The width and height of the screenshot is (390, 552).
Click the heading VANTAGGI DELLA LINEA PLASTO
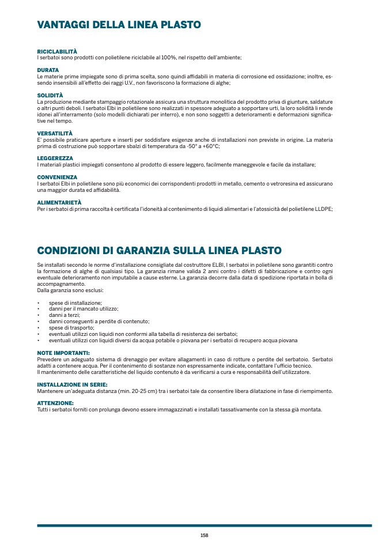119,25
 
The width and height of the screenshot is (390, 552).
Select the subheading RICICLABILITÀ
57,51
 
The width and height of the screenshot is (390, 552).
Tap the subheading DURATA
48,70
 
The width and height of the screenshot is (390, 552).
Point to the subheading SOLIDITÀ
50,95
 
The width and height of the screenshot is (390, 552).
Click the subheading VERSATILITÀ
55,133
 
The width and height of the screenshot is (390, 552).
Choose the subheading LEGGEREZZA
55,158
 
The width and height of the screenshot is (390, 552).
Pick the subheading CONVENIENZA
57,177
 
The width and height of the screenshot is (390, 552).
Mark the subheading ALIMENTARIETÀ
59,202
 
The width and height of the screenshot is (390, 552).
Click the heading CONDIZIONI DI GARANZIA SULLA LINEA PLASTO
159,251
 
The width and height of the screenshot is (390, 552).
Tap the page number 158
204,535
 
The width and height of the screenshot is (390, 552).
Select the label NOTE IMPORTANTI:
63,352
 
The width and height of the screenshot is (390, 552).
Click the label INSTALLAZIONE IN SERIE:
72,384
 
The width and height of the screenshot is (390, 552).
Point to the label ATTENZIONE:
55,403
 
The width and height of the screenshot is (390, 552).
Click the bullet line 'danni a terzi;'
65,315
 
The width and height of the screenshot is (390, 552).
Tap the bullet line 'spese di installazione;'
75,303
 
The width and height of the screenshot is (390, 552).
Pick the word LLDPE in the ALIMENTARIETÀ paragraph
325,209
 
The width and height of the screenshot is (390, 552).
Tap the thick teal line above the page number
204,525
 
